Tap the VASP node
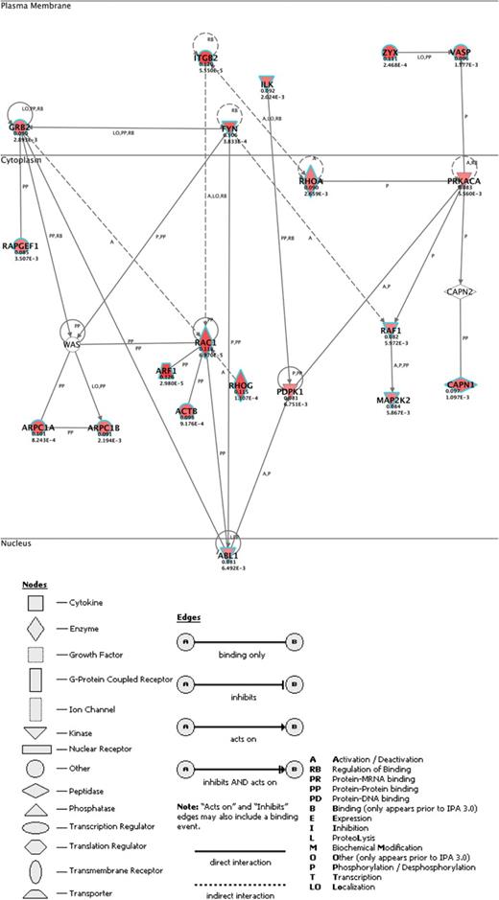[463, 54]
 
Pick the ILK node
[268, 85]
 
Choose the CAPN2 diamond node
[463, 289]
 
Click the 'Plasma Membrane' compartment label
[35, 6]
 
